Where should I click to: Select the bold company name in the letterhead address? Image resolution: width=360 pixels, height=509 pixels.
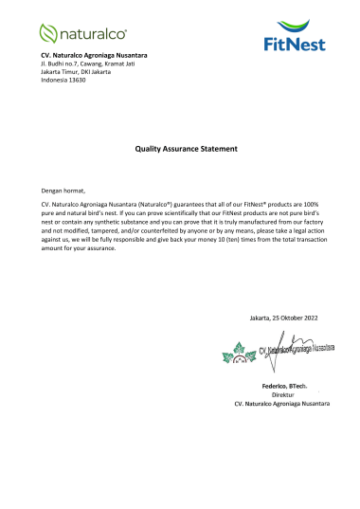coord(93,57)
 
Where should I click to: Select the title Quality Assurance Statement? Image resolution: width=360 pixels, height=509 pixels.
coord(180,149)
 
